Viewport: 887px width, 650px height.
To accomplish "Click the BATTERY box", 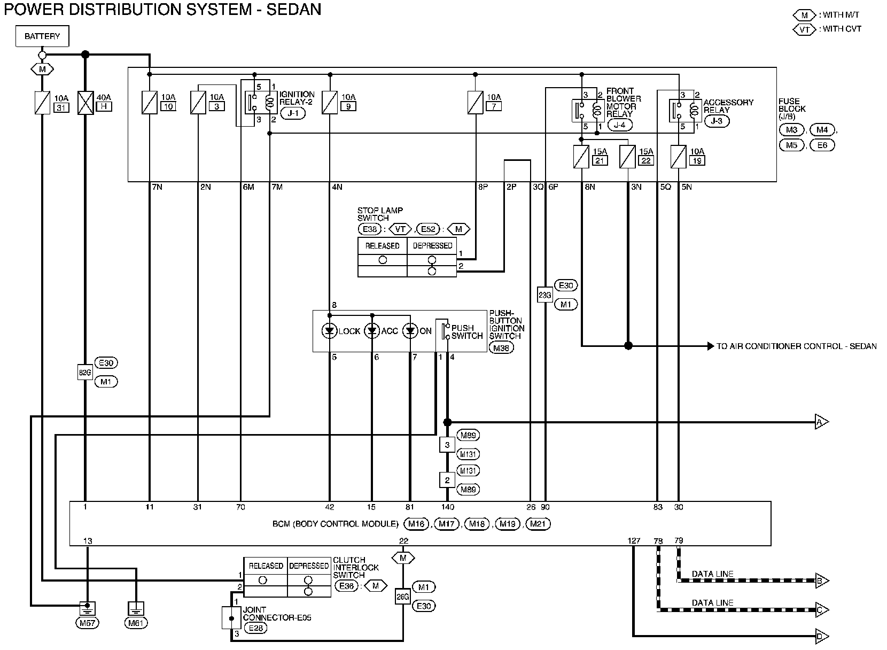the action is point(42,36).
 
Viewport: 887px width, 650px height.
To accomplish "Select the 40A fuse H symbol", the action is point(85,103).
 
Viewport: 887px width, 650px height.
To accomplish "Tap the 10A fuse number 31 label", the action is point(61,108).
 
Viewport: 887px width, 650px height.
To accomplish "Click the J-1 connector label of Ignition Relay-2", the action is point(293,113).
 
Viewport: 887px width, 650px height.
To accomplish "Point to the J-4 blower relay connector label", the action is point(620,125).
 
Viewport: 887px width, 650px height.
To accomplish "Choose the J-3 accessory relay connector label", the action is point(717,121).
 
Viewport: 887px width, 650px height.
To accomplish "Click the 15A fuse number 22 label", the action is point(646,161).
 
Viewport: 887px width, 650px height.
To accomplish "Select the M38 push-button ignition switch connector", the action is point(501,348).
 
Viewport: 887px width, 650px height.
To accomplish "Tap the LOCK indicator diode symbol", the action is point(330,331).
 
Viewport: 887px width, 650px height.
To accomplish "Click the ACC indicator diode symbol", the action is point(372,331).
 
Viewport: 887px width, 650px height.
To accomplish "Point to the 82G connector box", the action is point(85,373).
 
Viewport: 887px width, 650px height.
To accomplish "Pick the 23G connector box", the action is point(545,295).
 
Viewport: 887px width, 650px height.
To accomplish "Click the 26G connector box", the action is point(403,597).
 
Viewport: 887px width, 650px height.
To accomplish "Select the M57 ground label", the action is point(87,623).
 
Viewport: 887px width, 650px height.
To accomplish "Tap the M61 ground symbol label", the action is point(135,623).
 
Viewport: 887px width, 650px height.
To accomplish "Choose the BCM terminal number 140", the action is point(448,507).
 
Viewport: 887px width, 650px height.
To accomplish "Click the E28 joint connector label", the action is point(256,628).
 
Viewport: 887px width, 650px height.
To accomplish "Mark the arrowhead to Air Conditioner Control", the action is point(711,346).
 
